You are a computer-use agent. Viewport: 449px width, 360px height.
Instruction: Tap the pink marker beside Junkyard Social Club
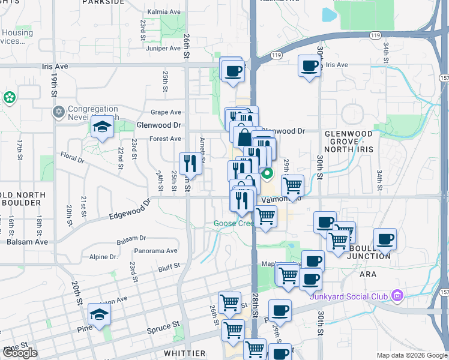(396, 295)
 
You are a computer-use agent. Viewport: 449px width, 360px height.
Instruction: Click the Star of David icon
(58, 112)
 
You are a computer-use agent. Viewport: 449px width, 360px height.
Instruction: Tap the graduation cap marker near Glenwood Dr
(102, 127)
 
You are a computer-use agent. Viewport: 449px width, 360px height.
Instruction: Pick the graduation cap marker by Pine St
(99, 314)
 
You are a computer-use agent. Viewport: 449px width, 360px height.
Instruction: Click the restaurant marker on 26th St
(188, 163)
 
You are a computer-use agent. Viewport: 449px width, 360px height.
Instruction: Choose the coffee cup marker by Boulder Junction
(385, 239)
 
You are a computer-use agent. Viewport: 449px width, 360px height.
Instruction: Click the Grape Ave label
(166, 112)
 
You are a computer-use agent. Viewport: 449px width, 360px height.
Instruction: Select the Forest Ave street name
(165, 139)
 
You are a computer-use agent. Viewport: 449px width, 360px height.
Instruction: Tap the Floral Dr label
(72, 158)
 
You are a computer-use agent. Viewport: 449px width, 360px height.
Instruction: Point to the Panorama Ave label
(155, 251)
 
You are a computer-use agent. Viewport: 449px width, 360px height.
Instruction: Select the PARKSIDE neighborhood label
(104, 2)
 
